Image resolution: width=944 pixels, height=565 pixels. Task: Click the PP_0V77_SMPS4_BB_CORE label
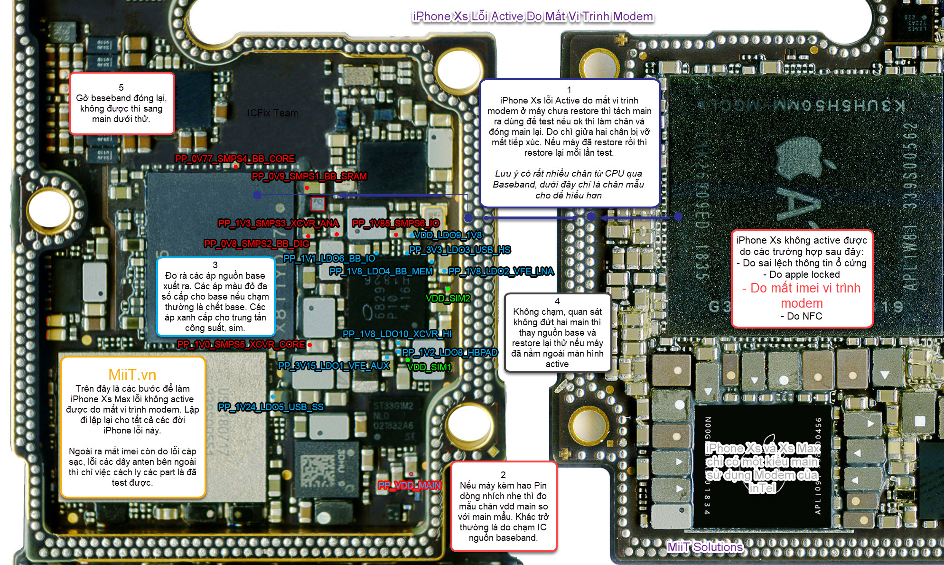(x=235, y=159)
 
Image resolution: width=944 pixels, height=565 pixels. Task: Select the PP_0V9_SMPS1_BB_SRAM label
(x=309, y=176)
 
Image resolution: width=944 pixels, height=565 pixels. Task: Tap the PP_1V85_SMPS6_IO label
(x=396, y=223)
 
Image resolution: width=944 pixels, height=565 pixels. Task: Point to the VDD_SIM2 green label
(x=448, y=298)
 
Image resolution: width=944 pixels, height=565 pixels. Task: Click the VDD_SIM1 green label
(x=429, y=367)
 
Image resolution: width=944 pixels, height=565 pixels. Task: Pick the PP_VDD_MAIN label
(x=409, y=485)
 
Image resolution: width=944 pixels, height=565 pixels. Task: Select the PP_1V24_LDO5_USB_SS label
(x=271, y=407)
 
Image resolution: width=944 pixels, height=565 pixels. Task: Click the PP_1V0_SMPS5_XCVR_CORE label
(x=241, y=344)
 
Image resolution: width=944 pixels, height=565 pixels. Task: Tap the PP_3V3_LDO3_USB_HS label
(x=460, y=250)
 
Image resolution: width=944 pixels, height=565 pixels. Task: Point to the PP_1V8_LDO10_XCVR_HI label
(x=397, y=334)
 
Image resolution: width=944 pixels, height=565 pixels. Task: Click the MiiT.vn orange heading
(x=132, y=375)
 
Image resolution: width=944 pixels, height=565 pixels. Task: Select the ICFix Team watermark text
(x=272, y=113)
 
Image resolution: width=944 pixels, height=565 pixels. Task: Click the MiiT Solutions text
(x=705, y=547)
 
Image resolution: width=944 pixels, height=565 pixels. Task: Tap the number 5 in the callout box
(x=121, y=87)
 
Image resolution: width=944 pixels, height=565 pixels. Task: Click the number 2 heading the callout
(x=503, y=475)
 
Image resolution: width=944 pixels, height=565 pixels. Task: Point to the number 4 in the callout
(x=557, y=301)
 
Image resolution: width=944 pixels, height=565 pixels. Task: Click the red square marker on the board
(x=318, y=204)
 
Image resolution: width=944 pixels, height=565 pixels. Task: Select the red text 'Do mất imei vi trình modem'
(x=802, y=295)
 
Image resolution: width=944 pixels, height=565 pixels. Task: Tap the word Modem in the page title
(x=633, y=17)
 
